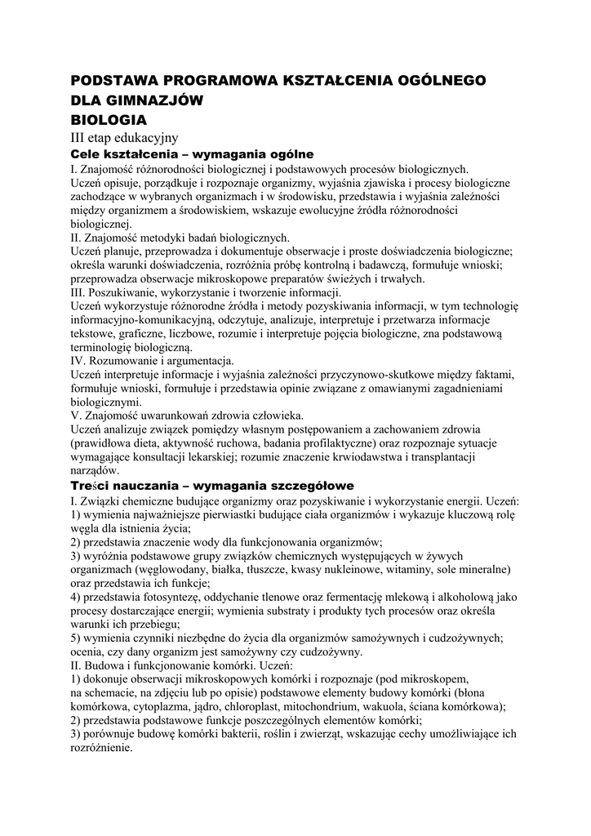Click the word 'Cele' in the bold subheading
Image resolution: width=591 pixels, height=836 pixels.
[x=88, y=153]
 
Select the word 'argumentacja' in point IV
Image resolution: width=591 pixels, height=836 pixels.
[x=200, y=361]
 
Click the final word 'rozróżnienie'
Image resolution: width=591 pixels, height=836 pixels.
[x=101, y=749]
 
